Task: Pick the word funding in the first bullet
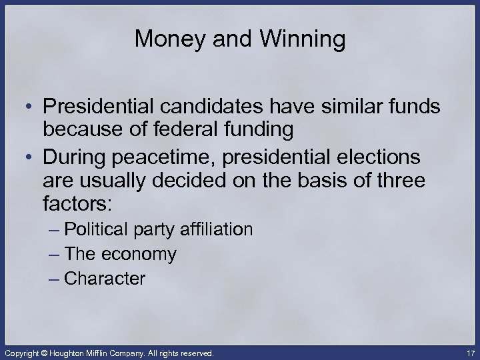[260, 131]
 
